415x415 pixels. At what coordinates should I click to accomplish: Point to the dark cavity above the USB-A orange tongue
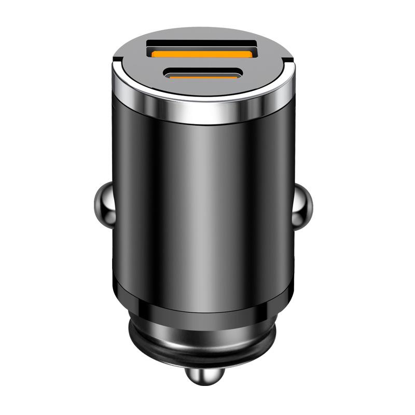point(202,44)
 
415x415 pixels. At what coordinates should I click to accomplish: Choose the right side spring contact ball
point(302,205)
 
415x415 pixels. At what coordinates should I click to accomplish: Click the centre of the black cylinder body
point(202,208)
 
